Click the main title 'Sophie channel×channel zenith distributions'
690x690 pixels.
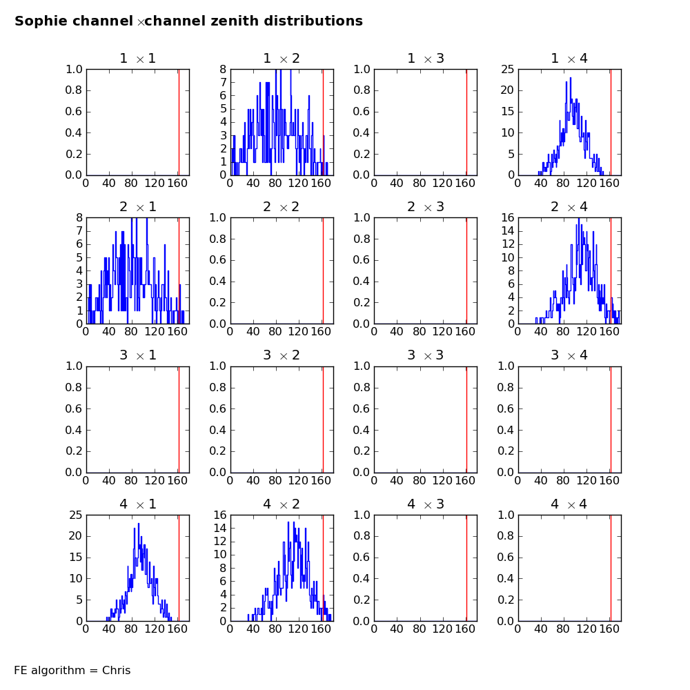(188, 21)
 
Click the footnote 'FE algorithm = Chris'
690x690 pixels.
(72, 670)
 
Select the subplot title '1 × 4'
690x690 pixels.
(569, 59)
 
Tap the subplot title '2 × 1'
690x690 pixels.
(137, 207)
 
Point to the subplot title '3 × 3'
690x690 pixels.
(425, 355)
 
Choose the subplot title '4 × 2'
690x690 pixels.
(282, 504)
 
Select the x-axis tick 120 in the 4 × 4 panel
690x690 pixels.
(586, 629)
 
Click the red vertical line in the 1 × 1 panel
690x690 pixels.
(179, 122)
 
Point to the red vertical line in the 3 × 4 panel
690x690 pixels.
(611, 419)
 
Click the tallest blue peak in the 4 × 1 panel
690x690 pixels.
(138, 524)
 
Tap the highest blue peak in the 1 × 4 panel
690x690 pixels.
(570, 77)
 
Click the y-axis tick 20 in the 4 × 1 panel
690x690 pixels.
(75, 536)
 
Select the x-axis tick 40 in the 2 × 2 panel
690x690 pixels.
(253, 332)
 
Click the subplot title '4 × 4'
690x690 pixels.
(569, 504)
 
